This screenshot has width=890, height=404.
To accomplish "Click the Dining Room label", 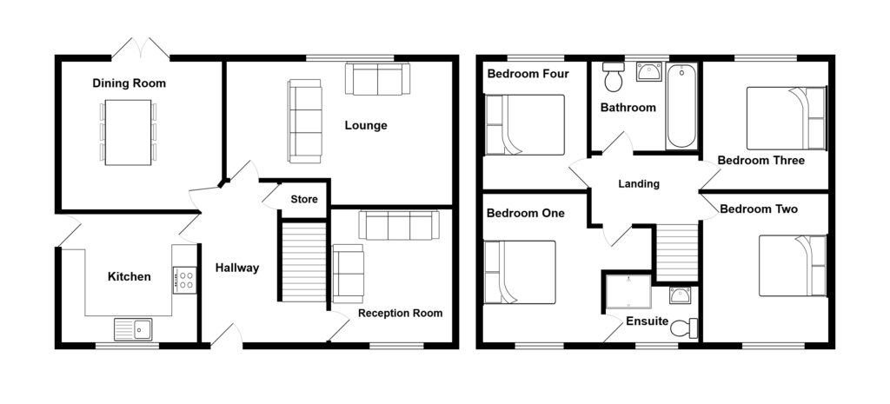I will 129,83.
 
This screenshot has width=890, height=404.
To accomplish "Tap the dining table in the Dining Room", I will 128,131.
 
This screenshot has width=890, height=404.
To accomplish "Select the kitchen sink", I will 132,328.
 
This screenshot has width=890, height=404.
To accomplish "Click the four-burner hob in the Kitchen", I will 184,280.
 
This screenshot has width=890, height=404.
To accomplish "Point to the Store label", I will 304,200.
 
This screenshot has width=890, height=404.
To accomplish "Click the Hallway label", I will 237,268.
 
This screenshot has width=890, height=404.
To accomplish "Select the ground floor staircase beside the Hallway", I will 302,261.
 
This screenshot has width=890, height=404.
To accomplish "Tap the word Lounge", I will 366,125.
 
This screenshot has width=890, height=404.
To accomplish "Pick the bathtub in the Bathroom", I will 681,106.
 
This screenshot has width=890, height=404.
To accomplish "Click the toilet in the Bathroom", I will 614,79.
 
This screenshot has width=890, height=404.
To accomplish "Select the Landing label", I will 639,184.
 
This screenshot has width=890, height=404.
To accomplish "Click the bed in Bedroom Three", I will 786,118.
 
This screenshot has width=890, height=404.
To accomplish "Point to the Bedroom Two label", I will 759,209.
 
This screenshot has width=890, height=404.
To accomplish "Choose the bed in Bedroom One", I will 520,272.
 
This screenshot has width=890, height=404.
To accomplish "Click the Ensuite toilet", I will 688,328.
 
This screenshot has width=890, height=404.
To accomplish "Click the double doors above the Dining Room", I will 141,48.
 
